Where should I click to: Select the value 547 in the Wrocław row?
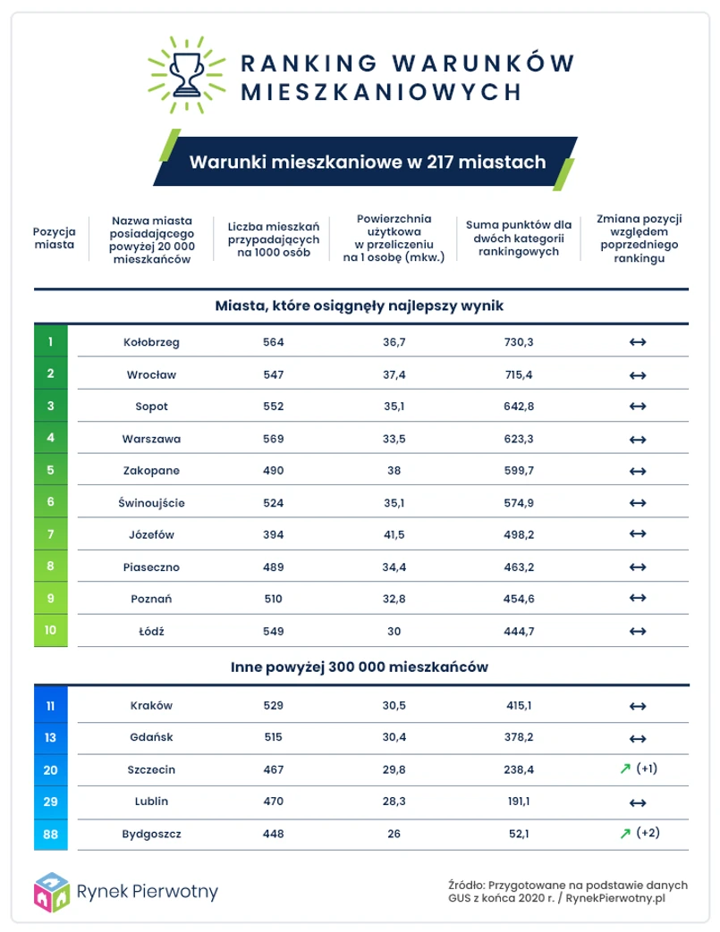click(x=274, y=374)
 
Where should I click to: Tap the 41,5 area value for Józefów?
click(x=394, y=533)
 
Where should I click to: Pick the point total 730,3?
click(x=518, y=342)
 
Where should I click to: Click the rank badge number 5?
click(x=51, y=470)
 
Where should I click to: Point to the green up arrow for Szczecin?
click(x=625, y=769)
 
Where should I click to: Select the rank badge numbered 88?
click(x=51, y=834)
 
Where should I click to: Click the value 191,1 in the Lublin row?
click(x=518, y=802)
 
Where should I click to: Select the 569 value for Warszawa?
click(x=274, y=438)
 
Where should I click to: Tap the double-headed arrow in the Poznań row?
click(x=638, y=598)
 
